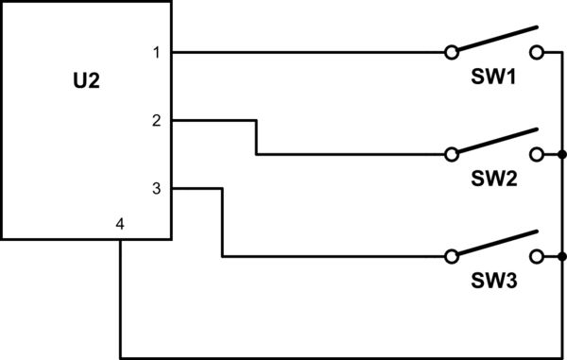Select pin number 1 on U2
click(x=156, y=53)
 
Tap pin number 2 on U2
click(x=156, y=121)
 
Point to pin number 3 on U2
click(x=156, y=189)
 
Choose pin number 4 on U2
click(x=119, y=224)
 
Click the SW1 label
click(x=493, y=77)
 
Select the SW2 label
click(x=493, y=179)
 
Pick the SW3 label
click(x=493, y=281)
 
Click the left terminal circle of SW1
click(x=452, y=52)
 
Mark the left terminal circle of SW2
click(x=452, y=154)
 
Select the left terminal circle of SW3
click(x=452, y=256)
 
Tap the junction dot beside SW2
click(x=562, y=154)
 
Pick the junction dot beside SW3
click(x=562, y=256)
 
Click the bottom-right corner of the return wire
click(x=562, y=358)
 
